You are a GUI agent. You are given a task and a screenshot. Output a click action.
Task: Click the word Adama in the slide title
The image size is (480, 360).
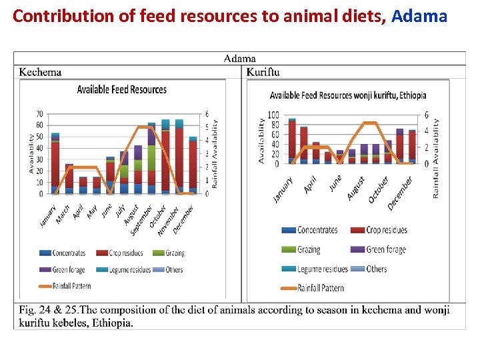419,16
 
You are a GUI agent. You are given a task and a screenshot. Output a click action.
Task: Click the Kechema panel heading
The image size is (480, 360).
41,72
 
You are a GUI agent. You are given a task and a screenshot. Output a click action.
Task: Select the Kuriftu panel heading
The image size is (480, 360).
263,72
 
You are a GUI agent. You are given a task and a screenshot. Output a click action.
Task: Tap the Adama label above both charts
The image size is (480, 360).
239,59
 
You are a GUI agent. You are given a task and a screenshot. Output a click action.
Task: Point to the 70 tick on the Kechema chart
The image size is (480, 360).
40,114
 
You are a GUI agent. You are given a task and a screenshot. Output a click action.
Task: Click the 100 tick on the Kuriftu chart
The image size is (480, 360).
273,115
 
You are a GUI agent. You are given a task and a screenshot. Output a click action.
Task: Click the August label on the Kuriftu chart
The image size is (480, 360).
356,188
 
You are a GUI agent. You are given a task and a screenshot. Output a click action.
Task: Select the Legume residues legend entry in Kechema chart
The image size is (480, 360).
133,270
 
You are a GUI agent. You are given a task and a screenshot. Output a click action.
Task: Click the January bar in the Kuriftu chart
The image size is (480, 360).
292,140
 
